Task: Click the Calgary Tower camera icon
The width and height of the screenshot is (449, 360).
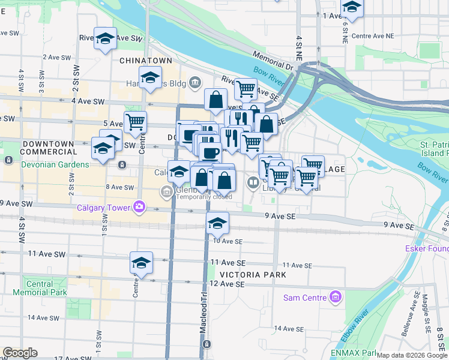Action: [x=139, y=208]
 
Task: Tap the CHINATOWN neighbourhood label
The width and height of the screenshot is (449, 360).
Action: [x=146, y=61]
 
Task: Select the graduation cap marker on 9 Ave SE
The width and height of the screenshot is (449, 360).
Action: [x=217, y=223]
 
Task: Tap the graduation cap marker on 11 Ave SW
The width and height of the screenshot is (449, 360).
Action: [x=141, y=262]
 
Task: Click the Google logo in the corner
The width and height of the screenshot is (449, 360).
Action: [x=20, y=353]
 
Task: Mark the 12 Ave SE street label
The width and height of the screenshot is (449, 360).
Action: [x=228, y=284]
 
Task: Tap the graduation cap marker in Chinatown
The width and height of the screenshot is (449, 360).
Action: [x=150, y=77]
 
